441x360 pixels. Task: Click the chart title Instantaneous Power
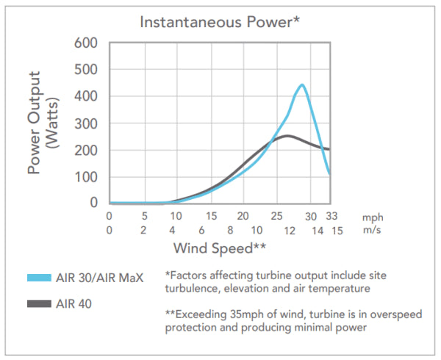coord(218,22)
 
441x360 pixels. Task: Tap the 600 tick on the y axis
coord(87,43)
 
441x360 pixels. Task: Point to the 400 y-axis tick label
coord(87,96)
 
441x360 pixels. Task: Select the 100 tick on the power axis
coord(87,177)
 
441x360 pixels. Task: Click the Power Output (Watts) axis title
coord(43,123)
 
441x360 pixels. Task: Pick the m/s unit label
coord(372,231)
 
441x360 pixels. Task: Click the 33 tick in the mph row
coord(330,217)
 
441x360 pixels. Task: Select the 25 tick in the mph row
coord(276,217)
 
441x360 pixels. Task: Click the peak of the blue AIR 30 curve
coord(301,85)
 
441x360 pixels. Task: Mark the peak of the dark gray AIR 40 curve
coord(287,136)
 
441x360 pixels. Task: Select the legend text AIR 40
coord(75,303)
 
